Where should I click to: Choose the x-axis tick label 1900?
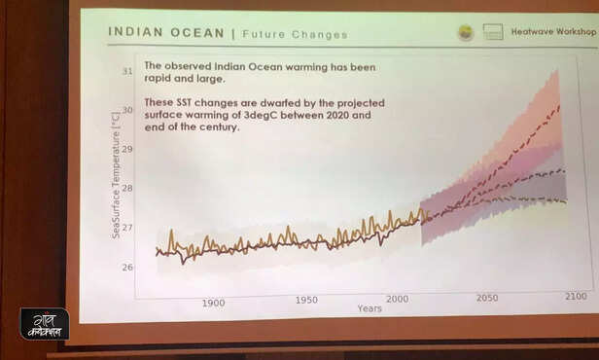(214, 303)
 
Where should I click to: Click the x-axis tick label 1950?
(306, 301)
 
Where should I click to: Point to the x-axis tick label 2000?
(397, 299)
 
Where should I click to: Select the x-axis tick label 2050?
(486, 298)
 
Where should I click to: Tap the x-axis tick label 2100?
(575, 295)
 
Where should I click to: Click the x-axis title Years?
(370, 308)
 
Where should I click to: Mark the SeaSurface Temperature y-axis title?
(116, 175)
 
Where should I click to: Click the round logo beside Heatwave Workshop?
(466, 32)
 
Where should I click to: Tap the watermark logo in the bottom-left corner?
(45, 323)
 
